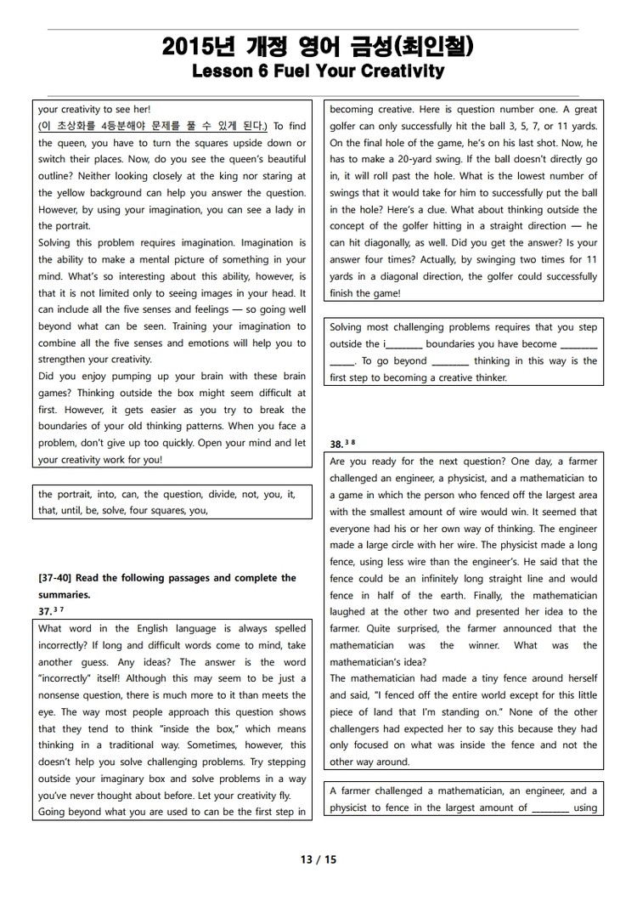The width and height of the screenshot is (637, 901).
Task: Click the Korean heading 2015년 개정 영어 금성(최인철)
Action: click(318, 48)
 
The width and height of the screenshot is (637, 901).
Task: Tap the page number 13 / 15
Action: click(318, 859)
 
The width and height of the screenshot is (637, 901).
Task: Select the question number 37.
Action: click(45, 612)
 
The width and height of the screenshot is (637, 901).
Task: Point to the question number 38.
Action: click(336, 444)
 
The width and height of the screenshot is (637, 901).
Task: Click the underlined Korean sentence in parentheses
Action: click(153, 126)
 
